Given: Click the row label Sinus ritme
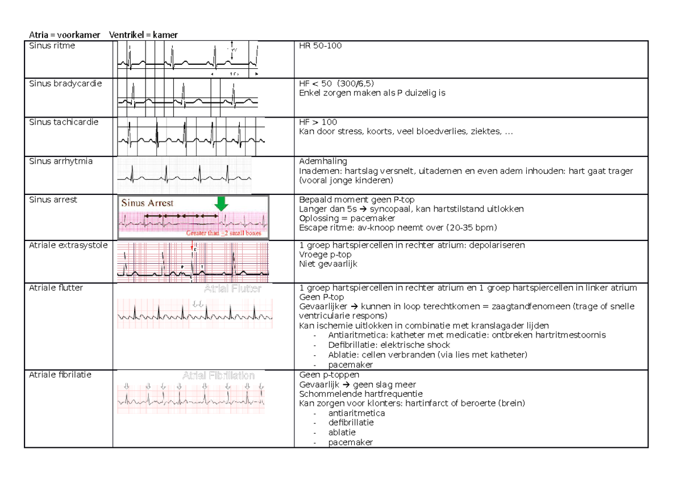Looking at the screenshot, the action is [52, 46].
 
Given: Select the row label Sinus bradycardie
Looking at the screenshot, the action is [65, 84].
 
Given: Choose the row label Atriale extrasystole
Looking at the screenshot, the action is [68, 246].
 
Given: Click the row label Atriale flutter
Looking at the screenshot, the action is [56, 288].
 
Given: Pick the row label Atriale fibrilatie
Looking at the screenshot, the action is [60, 375].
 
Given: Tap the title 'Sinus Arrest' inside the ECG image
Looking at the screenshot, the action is [147, 203].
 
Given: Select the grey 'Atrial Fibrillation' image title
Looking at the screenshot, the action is [218, 376].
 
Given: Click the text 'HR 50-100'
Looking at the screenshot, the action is [320, 46].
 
